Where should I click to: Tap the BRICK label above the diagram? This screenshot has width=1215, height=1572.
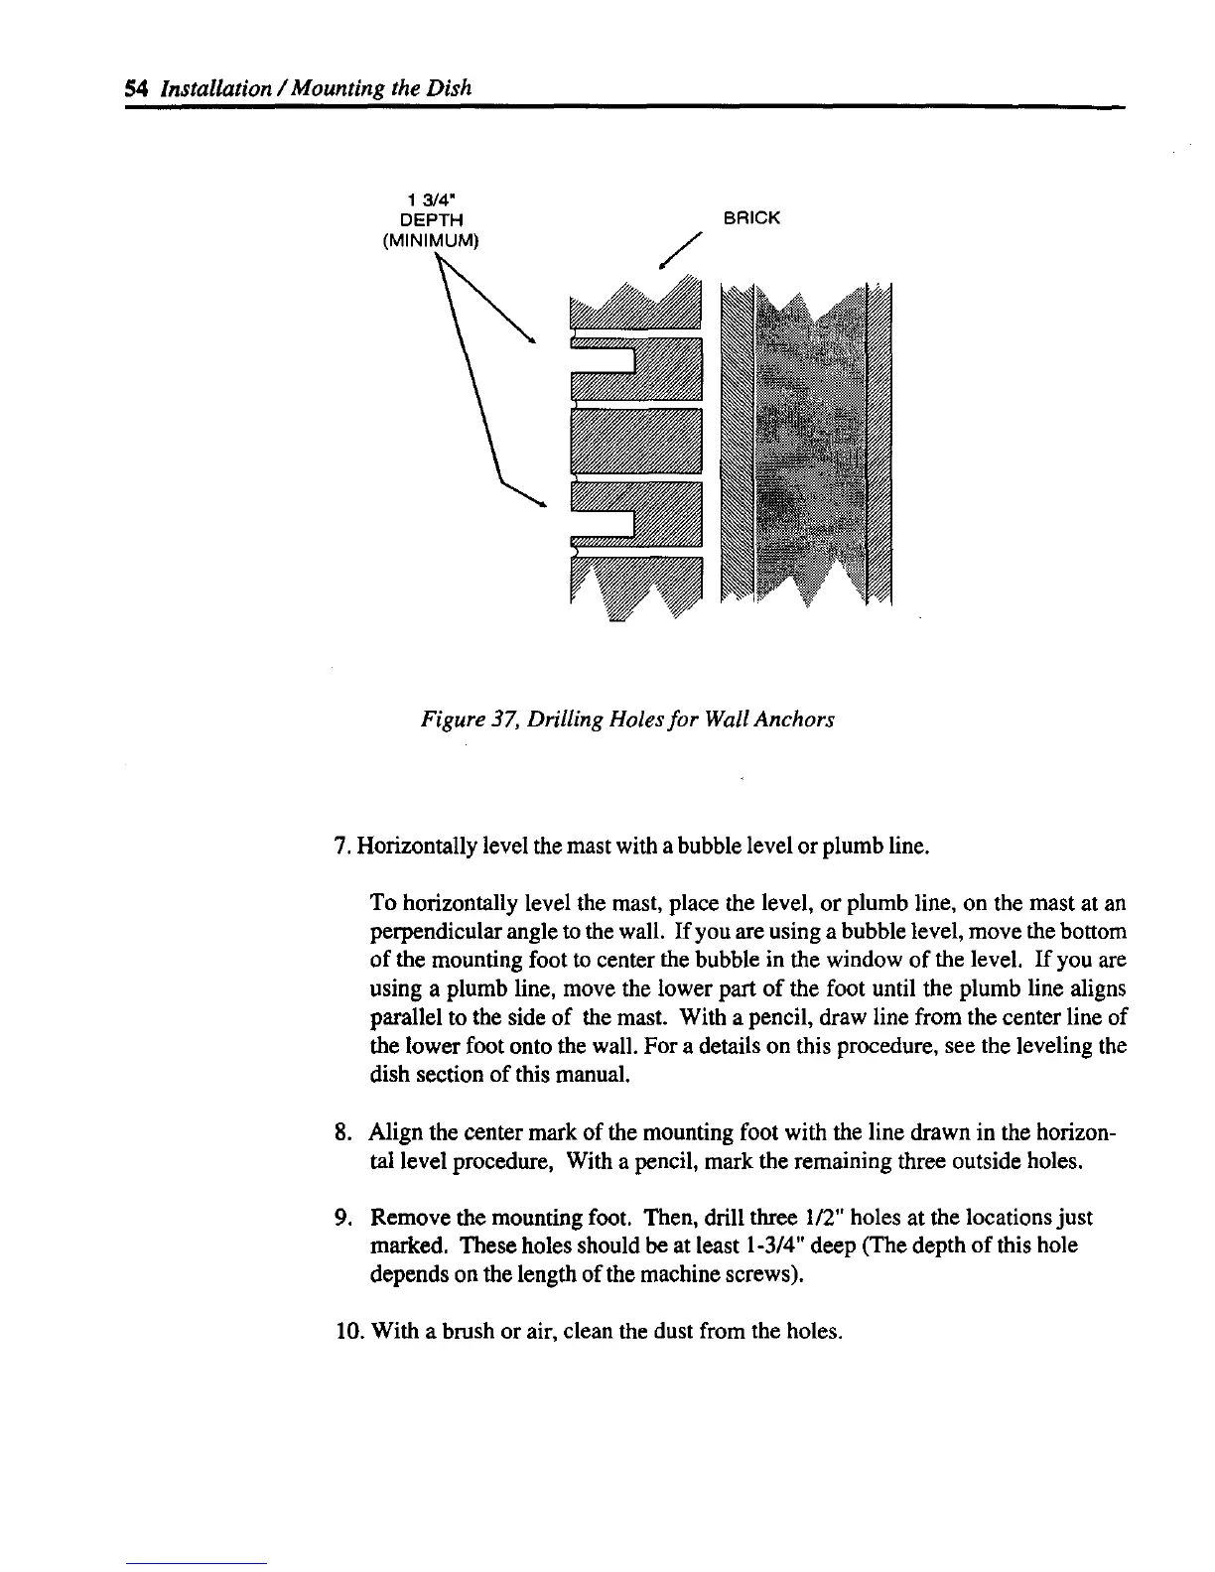coord(751,217)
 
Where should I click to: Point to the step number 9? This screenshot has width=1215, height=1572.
coord(338,1218)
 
